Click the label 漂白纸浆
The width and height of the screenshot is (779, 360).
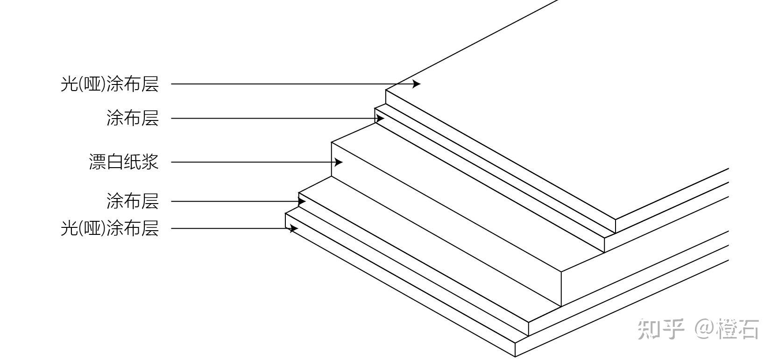coord(124,162)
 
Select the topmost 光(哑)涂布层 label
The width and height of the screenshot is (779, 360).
coord(110,84)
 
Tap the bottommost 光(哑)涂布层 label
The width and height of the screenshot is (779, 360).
coord(110,229)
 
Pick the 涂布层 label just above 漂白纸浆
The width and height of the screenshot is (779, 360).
coord(133,118)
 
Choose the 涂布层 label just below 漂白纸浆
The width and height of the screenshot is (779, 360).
coord(133,201)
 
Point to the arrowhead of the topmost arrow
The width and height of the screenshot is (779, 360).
coord(417,84)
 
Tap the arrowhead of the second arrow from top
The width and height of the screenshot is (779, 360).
coord(380,119)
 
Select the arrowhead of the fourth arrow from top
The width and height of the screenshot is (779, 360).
coord(302,201)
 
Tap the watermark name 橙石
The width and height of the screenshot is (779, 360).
coord(738,329)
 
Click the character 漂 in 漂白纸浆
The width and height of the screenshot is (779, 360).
coord(97,162)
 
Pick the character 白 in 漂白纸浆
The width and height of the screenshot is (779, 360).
coord(115,162)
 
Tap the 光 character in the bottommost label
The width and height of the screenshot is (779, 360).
coord(69,229)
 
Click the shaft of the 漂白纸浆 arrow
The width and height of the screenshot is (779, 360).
coord(252,162)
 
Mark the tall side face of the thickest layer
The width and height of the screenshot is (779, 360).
coord(446,224)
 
